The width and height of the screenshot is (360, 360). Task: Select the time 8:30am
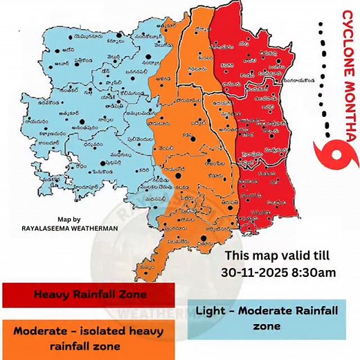(313, 272)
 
